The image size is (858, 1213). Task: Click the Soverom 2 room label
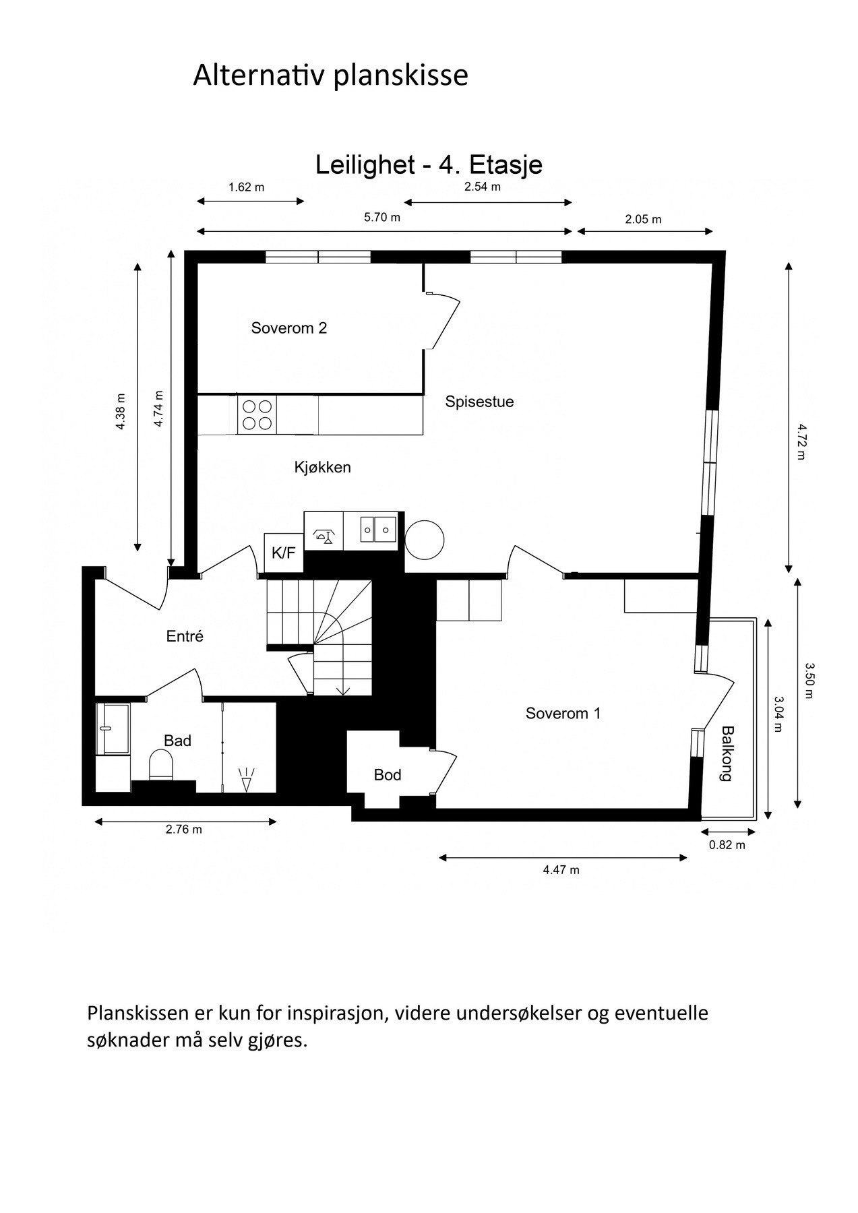pyautogui.click(x=288, y=328)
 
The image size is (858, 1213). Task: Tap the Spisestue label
pyautogui.click(x=479, y=402)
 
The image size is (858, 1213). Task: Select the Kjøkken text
pyautogui.click(x=322, y=467)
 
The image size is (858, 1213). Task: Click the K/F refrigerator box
pyautogui.click(x=283, y=553)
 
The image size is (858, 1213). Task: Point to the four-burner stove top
pyautogui.click(x=257, y=414)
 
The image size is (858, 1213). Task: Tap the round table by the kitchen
pyautogui.click(x=425, y=540)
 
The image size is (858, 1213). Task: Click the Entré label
pyautogui.click(x=185, y=636)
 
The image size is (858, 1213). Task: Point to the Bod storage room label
pyautogui.click(x=388, y=775)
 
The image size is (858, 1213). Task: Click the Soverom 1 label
pyautogui.click(x=563, y=713)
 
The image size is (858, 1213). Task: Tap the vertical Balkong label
pyautogui.click(x=727, y=753)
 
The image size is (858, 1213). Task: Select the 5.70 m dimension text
pyautogui.click(x=382, y=218)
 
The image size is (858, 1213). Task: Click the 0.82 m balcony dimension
pyautogui.click(x=727, y=845)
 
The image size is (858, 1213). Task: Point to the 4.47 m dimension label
pyautogui.click(x=561, y=870)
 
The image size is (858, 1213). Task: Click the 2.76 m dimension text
pyautogui.click(x=183, y=830)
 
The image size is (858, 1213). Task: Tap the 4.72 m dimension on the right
pyautogui.click(x=801, y=441)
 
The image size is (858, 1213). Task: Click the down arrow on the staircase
pyautogui.click(x=343, y=689)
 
